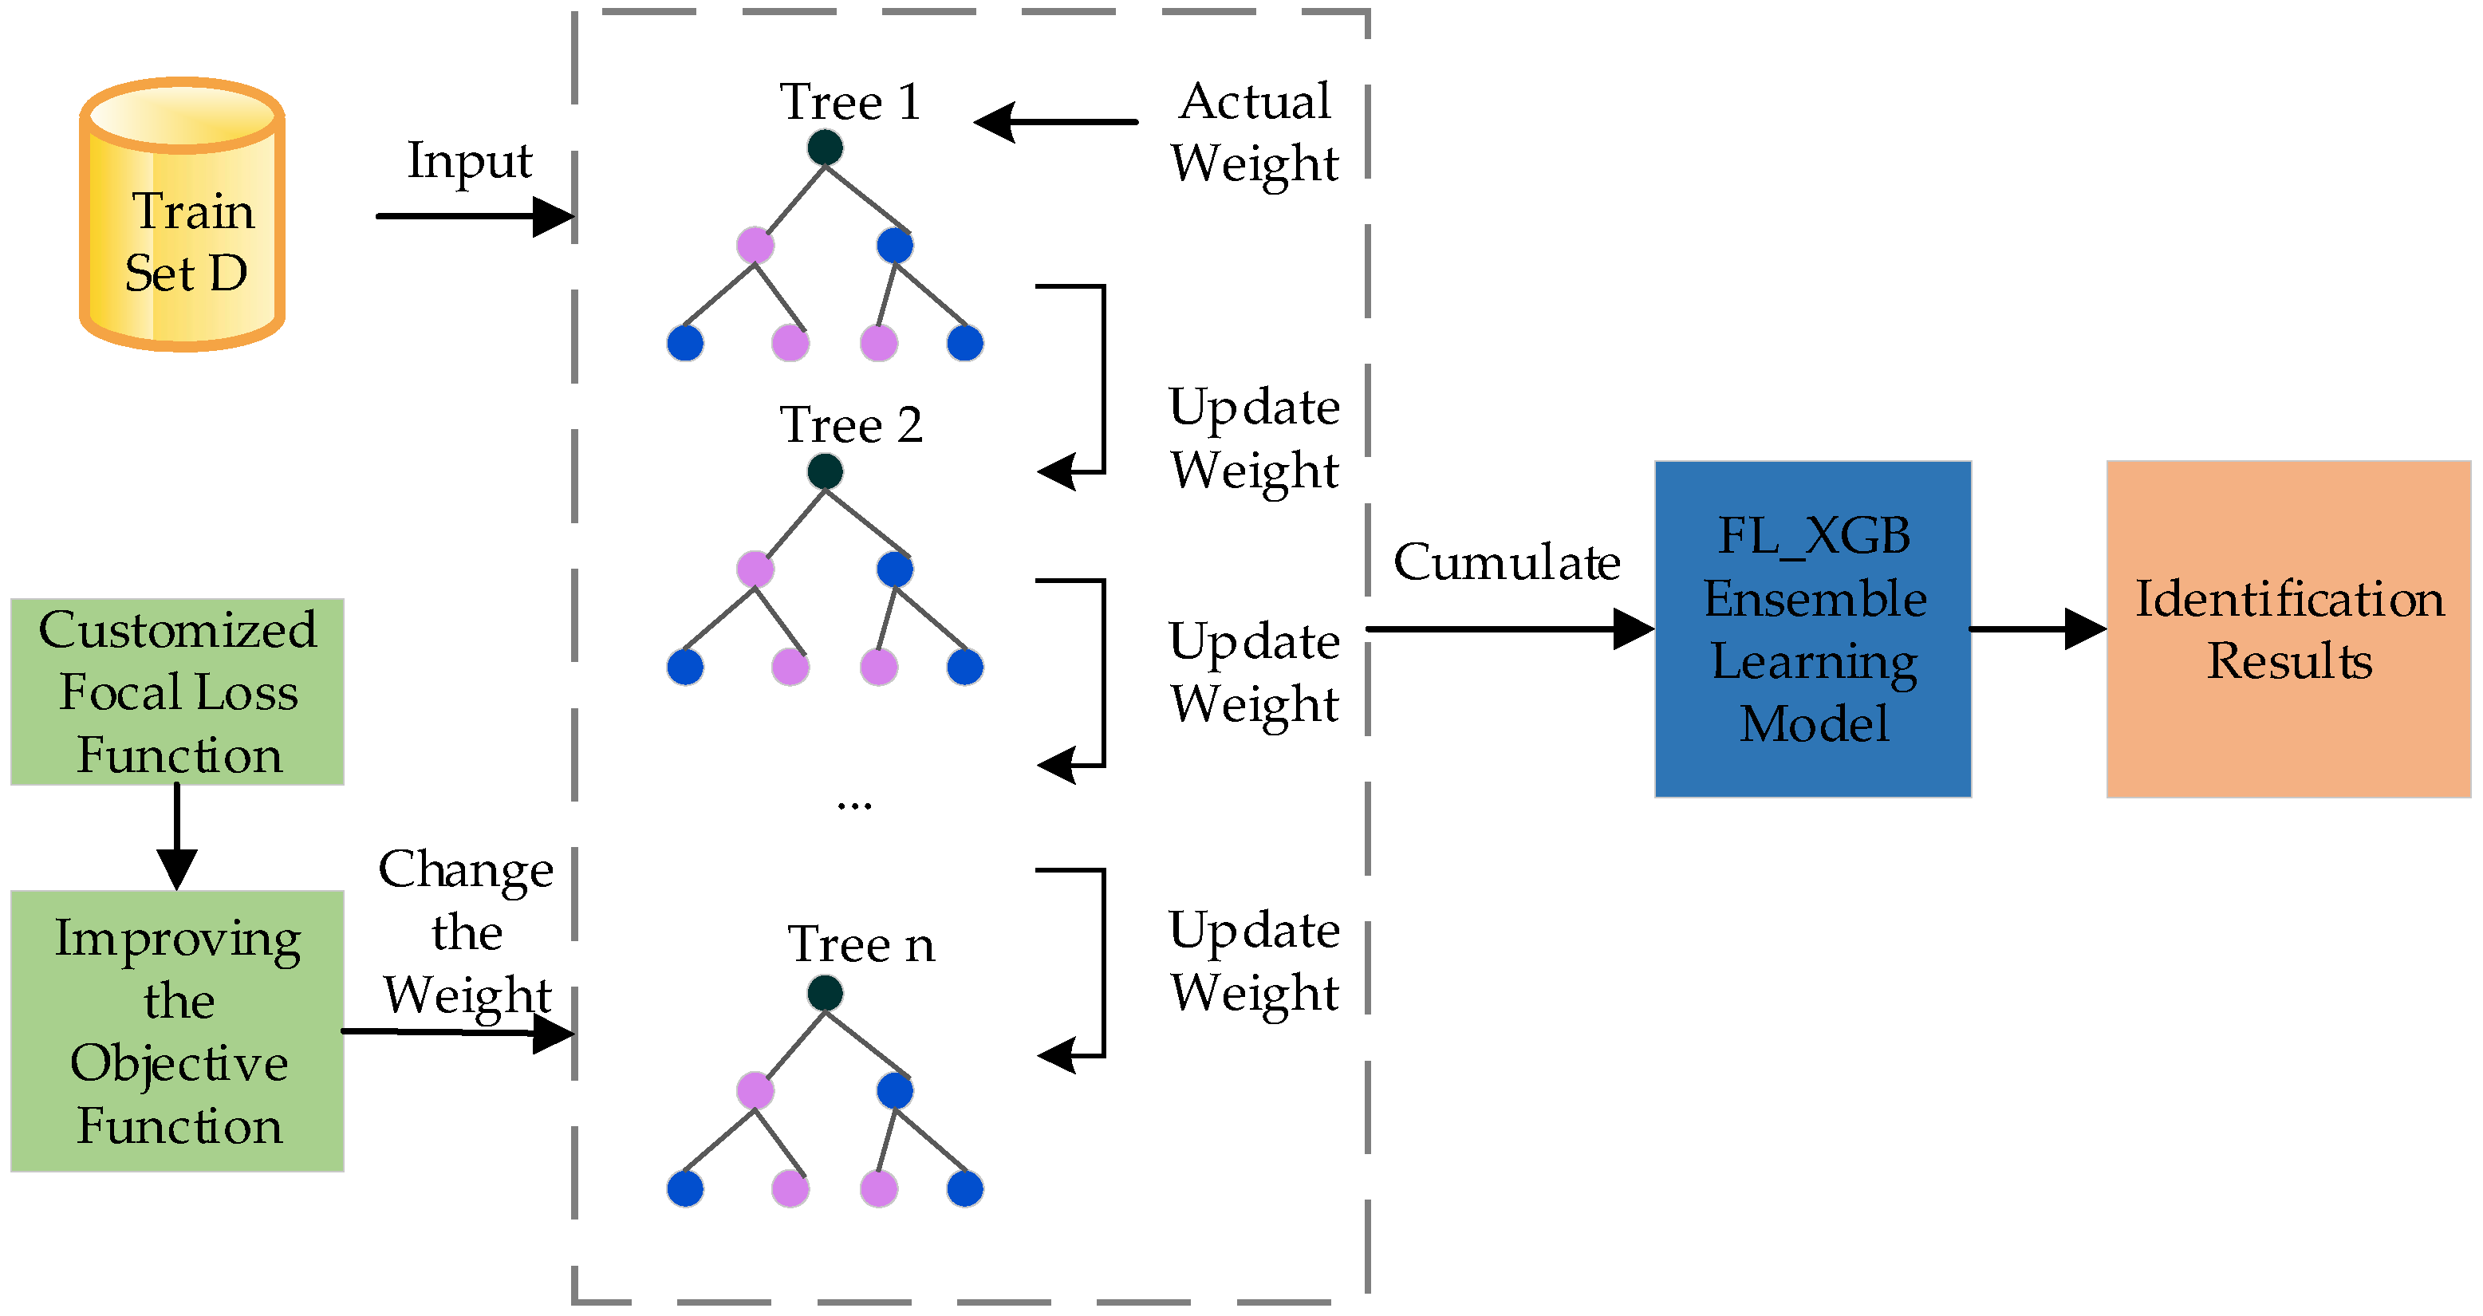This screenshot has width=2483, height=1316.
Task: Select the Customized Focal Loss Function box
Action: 177,691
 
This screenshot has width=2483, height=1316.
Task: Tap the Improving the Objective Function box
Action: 177,1030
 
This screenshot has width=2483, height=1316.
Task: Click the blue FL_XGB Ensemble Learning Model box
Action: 1812,628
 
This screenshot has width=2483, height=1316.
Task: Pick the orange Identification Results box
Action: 2288,628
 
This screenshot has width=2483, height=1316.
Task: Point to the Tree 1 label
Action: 850,101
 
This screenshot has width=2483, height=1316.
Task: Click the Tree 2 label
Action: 850,424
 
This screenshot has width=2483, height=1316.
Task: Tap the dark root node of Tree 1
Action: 825,148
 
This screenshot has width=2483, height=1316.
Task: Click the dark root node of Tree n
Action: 825,992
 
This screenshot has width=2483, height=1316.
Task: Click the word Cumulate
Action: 1507,562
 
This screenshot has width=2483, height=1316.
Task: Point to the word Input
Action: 470,160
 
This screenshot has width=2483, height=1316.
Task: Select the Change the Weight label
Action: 467,932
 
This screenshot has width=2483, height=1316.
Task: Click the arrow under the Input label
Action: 472,216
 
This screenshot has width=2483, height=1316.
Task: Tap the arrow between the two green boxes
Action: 177,835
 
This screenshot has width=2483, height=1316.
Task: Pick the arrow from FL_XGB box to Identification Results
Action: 2036,628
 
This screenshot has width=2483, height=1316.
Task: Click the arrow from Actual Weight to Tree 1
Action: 1055,123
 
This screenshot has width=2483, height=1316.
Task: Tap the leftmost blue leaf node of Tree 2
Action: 685,667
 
